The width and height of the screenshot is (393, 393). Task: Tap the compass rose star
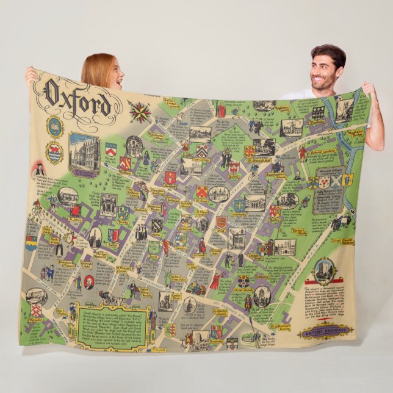140,112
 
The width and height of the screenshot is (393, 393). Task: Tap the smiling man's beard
323,83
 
